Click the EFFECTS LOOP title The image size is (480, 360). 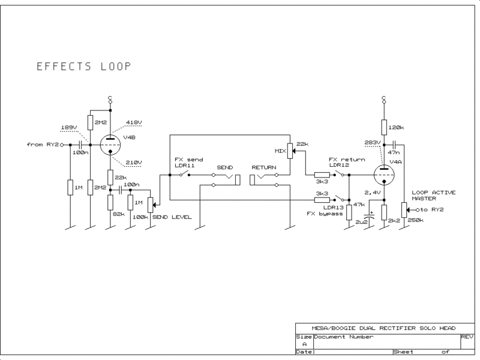[x=83, y=67]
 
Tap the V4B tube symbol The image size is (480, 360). [x=110, y=145]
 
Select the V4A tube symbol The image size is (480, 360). [x=384, y=175]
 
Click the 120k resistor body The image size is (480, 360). [x=384, y=127]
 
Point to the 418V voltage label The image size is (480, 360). [x=134, y=122]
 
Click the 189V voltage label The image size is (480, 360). [x=69, y=127]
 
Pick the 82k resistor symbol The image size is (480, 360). [x=110, y=202]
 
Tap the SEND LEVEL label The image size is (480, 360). [x=172, y=217]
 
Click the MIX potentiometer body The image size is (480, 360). [x=290, y=151]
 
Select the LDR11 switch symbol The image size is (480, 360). [x=184, y=175]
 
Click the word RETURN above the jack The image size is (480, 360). [x=264, y=167]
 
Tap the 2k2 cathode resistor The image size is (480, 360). [x=384, y=212]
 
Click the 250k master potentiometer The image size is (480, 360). [x=404, y=209]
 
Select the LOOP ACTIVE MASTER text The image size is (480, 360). [x=433, y=196]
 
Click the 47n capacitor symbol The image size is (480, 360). [x=394, y=145]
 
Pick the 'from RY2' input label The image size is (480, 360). [x=43, y=145]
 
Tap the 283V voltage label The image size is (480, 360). [x=372, y=142]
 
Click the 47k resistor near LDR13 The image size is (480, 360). [x=349, y=212]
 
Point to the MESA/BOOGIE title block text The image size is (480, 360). [x=383, y=328]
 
